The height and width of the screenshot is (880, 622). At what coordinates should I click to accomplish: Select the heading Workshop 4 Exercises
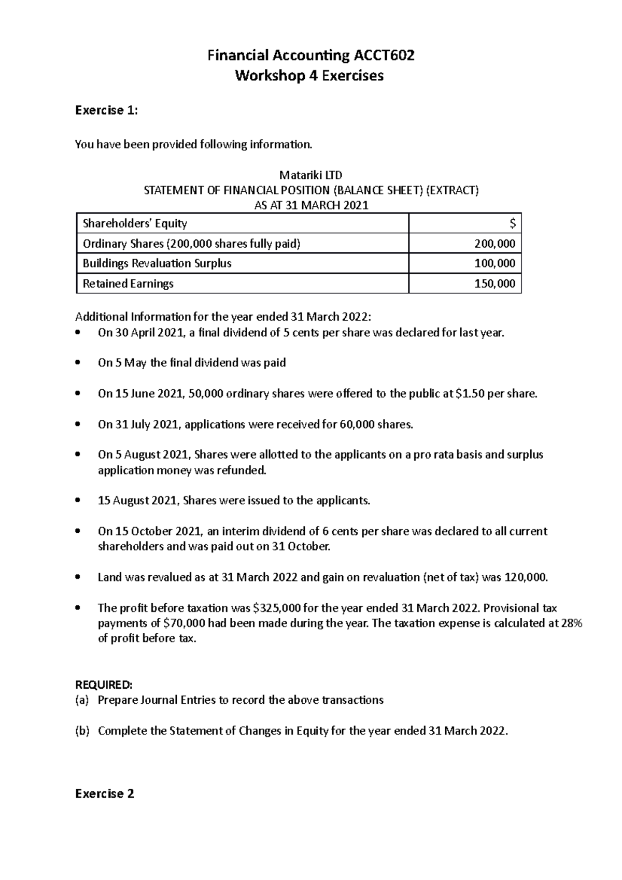coord(309,76)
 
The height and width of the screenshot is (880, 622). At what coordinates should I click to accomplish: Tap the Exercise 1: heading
coord(107,110)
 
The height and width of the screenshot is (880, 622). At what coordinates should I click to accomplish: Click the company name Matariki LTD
coord(311,175)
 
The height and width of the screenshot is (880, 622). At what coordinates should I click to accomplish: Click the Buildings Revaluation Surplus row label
coord(157,263)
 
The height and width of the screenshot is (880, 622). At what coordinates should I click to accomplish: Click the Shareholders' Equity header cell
coord(135,223)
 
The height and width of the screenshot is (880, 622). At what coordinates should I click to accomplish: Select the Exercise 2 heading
coord(105,793)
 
